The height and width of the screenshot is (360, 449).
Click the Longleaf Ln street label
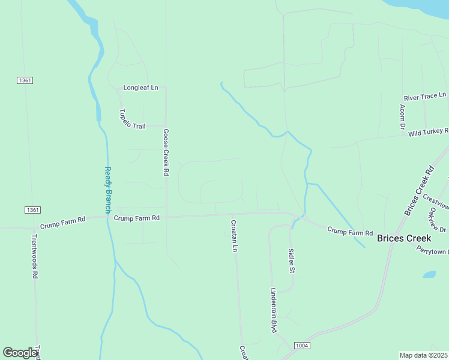(x=140, y=88)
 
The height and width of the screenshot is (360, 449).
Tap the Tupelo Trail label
(x=132, y=119)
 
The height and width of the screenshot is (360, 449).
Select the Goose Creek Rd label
(x=166, y=152)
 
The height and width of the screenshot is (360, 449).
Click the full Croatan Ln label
(x=235, y=236)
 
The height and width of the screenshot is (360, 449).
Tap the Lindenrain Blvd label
(x=273, y=310)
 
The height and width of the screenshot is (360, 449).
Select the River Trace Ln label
(x=425, y=96)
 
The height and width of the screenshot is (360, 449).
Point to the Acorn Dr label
(x=402, y=117)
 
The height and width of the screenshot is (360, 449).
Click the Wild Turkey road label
(x=428, y=132)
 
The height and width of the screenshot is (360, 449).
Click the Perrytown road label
(x=432, y=251)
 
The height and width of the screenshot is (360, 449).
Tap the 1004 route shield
(x=301, y=346)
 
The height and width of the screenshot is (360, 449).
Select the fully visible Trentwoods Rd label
(x=35, y=256)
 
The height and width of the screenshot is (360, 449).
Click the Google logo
(x=20, y=353)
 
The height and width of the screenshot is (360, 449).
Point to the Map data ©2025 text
(x=423, y=355)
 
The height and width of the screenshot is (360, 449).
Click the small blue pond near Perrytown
(x=429, y=275)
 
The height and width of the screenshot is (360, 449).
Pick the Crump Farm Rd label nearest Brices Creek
(x=351, y=232)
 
